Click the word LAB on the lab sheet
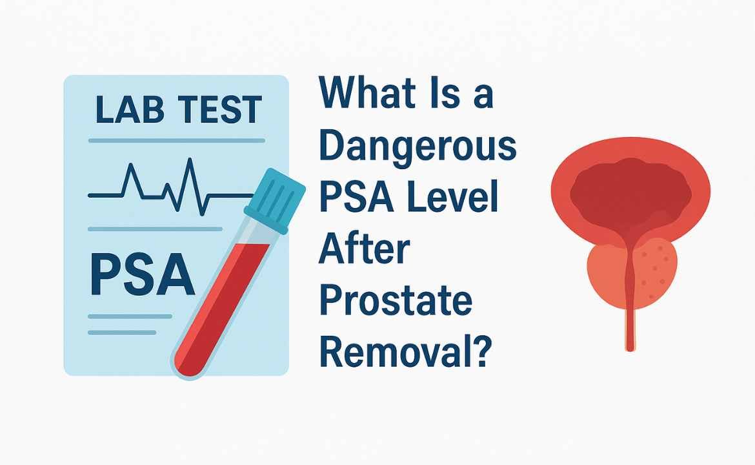click(x=129, y=110)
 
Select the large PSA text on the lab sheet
click(x=143, y=274)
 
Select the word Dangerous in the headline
click(x=418, y=147)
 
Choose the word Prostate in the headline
click(x=396, y=302)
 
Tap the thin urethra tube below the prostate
click(x=630, y=327)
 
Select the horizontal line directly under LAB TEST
click(x=177, y=141)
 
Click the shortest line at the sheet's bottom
click(x=123, y=333)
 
